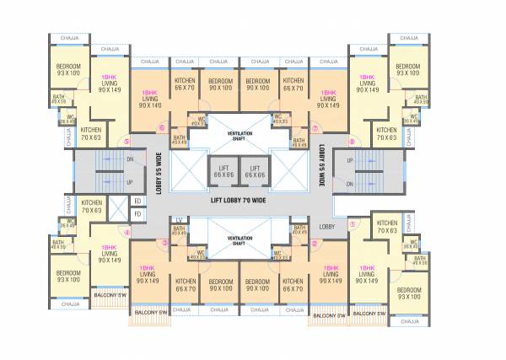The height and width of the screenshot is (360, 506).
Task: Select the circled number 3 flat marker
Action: [x=165, y=243]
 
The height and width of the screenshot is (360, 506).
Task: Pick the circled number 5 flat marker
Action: [x=127, y=141]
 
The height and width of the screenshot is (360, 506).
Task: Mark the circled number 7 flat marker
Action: [x=315, y=129]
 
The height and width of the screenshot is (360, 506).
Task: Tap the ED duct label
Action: [x=137, y=201]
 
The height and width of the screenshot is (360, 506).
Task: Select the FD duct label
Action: [x=137, y=214]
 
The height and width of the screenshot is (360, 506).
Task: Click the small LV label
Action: [x=178, y=221]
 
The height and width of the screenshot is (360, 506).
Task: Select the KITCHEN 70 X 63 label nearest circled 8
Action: [x=387, y=133]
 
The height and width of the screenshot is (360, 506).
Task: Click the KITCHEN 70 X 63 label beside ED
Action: [x=92, y=206]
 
